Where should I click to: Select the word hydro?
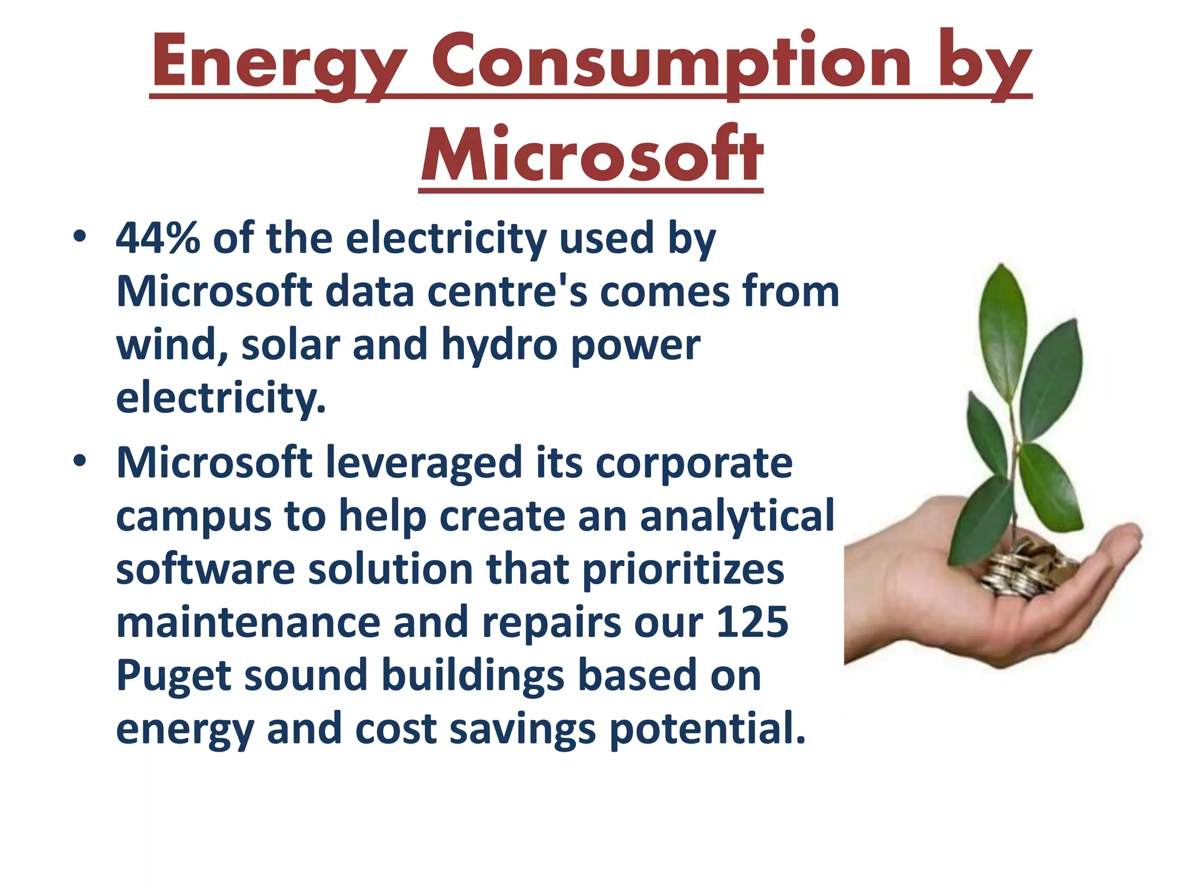coord(499,345)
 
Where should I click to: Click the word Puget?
coord(173,677)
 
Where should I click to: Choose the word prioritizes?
coord(683,569)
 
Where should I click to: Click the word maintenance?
coord(248,622)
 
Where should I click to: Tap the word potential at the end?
coord(707,729)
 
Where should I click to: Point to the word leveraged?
coord(424,464)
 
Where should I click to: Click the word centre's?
coord(507,292)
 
